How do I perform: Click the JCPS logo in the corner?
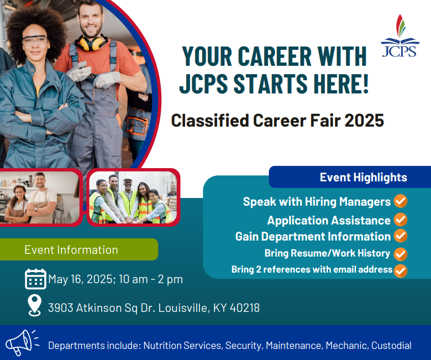click(x=400, y=36)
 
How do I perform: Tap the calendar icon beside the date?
click(x=35, y=279)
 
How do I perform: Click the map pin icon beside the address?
click(x=35, y=305)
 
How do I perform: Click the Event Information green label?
click(x=71, y=250)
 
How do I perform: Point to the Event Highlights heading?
click(x=363, y=178)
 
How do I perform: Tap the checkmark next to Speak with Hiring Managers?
click(x=401, y=201)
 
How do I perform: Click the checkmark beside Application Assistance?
click(x=401, y=220)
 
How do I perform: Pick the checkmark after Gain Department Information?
click(x=401, y=236)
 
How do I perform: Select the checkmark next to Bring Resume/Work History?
click(x=401, y=254)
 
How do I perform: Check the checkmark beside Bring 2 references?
click(x=401, y=270)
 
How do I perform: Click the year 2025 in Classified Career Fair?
click(x=364, y=121)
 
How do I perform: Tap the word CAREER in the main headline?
click(x=275, y=57)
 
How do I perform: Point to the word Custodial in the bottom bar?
click(x=391, y=346)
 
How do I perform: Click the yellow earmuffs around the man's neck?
click(x=92, y=43)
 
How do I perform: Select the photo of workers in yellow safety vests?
click(x=133, y=197)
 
